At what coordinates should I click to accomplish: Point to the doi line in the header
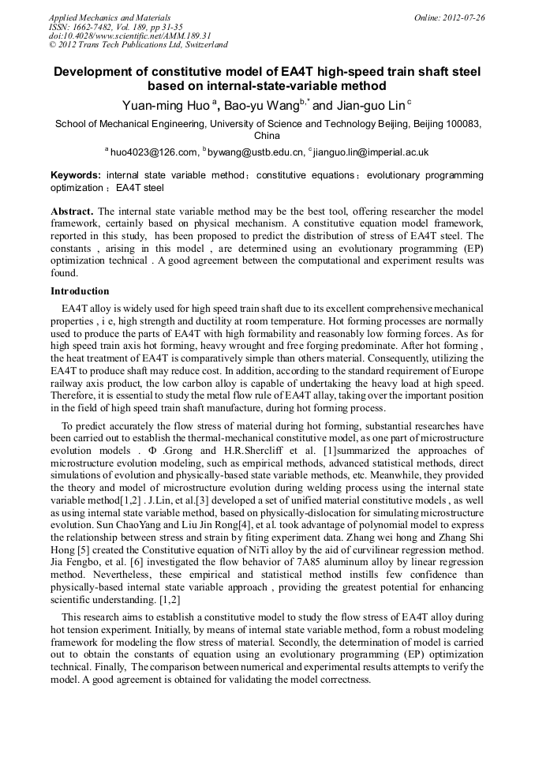point(129,36)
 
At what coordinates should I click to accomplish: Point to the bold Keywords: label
point(76,175)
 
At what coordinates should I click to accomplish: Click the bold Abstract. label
point(73,212)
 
